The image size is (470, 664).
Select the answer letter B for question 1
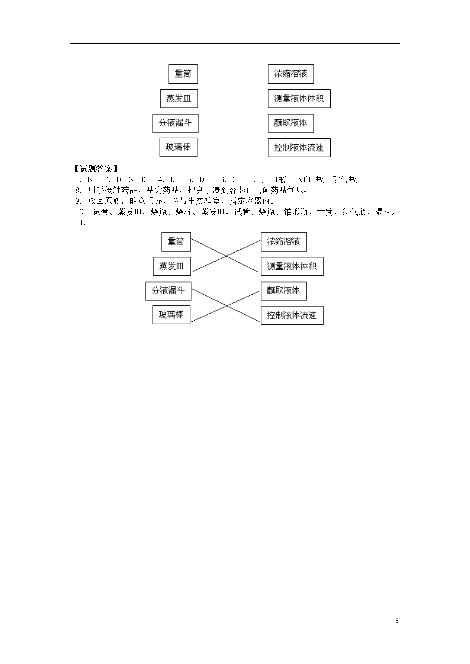(89, 180)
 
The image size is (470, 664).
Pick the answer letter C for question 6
(235, 180)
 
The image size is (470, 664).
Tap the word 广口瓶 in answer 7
(274, 180)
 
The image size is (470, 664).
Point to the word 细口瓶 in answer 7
(311, 180)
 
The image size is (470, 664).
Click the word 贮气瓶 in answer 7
(345, 180)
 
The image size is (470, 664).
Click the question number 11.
(80, 223)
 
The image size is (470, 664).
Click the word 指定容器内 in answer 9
(250, 201)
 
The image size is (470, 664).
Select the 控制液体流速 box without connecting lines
(299, 148)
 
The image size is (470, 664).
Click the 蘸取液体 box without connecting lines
(291, 124)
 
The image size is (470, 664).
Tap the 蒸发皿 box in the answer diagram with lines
(172, 266)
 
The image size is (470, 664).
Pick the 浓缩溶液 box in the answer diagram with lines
(284, 242)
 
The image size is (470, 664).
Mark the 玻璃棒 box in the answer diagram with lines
(171, 315)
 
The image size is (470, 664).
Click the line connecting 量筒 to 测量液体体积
(225, 255)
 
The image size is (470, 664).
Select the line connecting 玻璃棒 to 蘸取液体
(225, 306)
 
